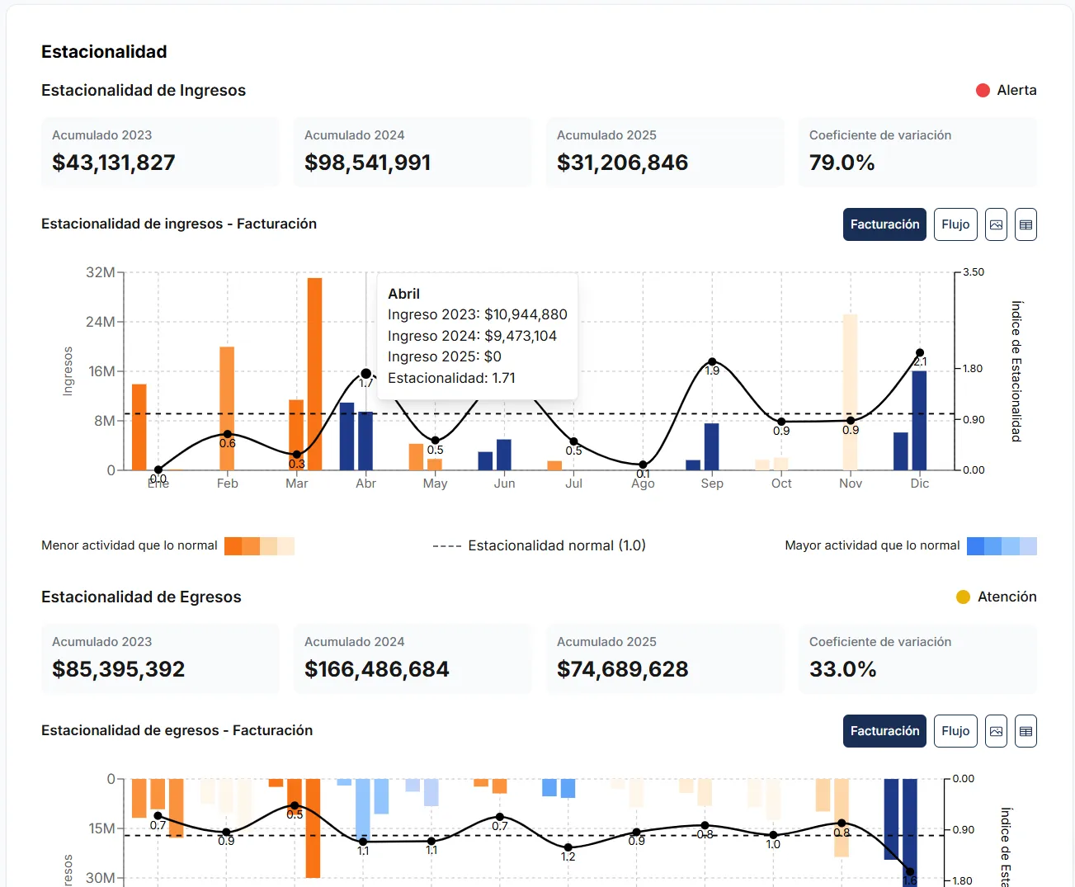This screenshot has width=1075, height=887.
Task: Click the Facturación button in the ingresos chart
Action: (x=884, y=224)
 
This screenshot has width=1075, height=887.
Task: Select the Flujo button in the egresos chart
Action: (x=955, y=731)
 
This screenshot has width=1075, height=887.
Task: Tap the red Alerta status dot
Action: (x=983, y=91)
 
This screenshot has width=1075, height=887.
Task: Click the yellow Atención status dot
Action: (x=963, y=597)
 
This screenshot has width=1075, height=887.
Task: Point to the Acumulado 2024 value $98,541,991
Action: (x=367, y=163)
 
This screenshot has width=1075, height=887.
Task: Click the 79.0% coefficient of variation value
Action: (x=842, y=163)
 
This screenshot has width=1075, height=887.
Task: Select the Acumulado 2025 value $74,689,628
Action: (x=622, y=669)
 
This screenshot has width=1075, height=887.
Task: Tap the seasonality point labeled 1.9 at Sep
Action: (x=712, y=362)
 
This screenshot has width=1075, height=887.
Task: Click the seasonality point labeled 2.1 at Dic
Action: (x=920, y=353)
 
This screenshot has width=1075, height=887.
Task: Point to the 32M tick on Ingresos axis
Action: (x=100, y=272)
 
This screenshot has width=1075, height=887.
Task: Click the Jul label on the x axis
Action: (x=573, y=484)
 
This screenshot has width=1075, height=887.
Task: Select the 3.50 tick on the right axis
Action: (x=974, y=272)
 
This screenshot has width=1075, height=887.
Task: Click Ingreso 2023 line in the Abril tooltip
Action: (x=477, y=314)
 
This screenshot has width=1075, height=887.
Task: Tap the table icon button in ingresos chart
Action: (x=1025, y=224)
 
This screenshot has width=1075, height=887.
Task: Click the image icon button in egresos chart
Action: (x=996, y=731)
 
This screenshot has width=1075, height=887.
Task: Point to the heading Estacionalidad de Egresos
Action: (x=141, y=597)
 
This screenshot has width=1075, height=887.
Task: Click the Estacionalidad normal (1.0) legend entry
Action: (x=540, y=545)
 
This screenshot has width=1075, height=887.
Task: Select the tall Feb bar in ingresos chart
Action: (x=227, y=408)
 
